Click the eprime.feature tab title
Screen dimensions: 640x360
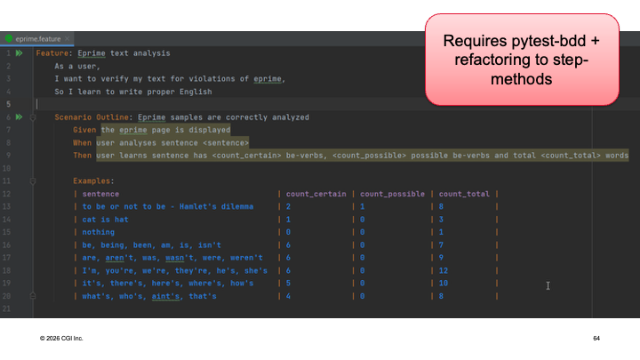38,39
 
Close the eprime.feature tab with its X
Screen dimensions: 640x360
68,38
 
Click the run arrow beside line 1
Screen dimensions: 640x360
19,53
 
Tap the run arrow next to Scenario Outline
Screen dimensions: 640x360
19,117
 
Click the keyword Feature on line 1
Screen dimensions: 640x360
52,53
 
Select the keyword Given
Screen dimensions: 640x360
84,130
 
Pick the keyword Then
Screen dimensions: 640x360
82,156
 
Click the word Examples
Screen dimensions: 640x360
92,180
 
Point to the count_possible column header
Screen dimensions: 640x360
392,194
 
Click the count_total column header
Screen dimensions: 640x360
464,194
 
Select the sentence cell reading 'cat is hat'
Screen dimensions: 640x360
105,220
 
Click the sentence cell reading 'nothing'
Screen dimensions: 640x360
99,232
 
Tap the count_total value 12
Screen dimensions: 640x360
444,270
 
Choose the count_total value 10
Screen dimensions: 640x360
444,284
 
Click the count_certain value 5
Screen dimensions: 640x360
288,284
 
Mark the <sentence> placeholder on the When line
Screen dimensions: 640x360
226,143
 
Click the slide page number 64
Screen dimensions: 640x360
596,339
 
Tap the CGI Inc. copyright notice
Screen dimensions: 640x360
61,339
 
